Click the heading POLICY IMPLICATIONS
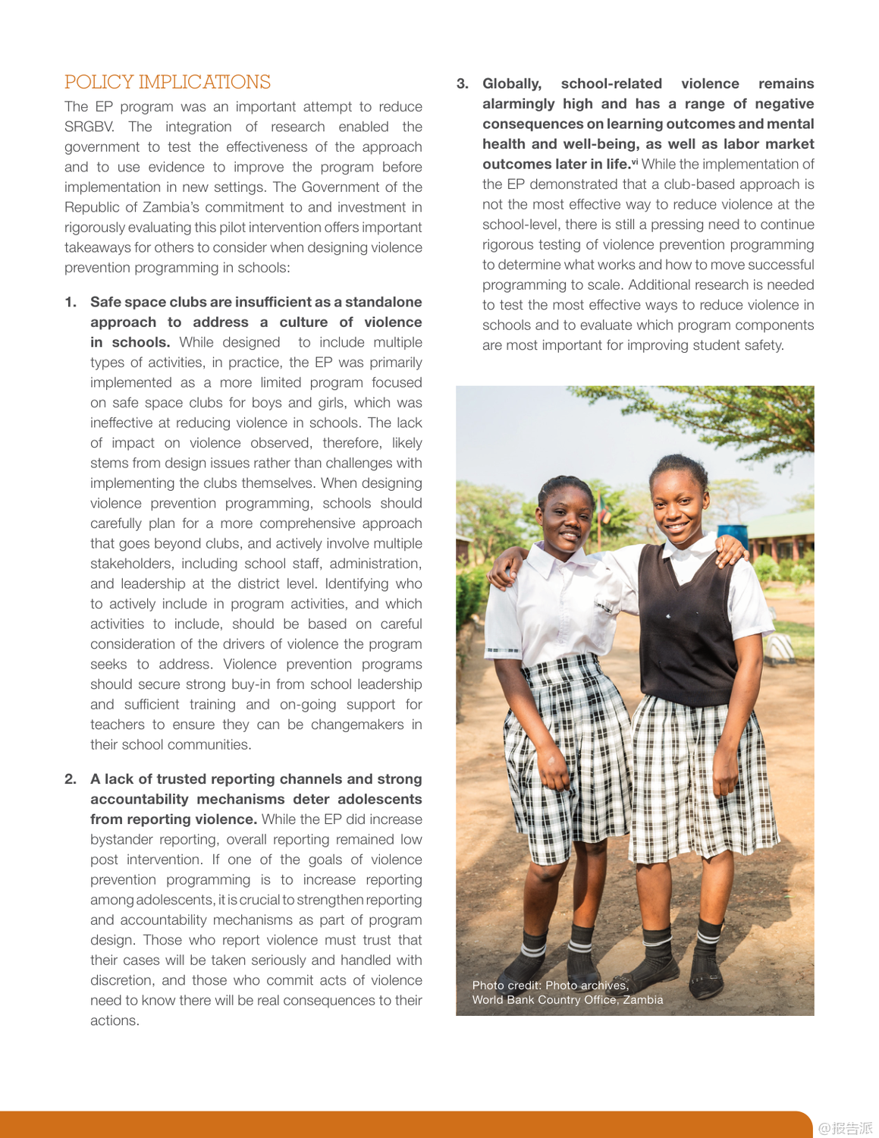[x=168, y=82]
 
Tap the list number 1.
[x=71, y=302]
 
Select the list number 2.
[x=71, y=779]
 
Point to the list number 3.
[x=463, y=83]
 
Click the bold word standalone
[x=383, y=302]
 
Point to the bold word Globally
[x=512, y=83]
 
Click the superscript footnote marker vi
[x=635, y=162]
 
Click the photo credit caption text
[x=567, y=992]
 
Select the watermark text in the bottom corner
[x=845, y=1128]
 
